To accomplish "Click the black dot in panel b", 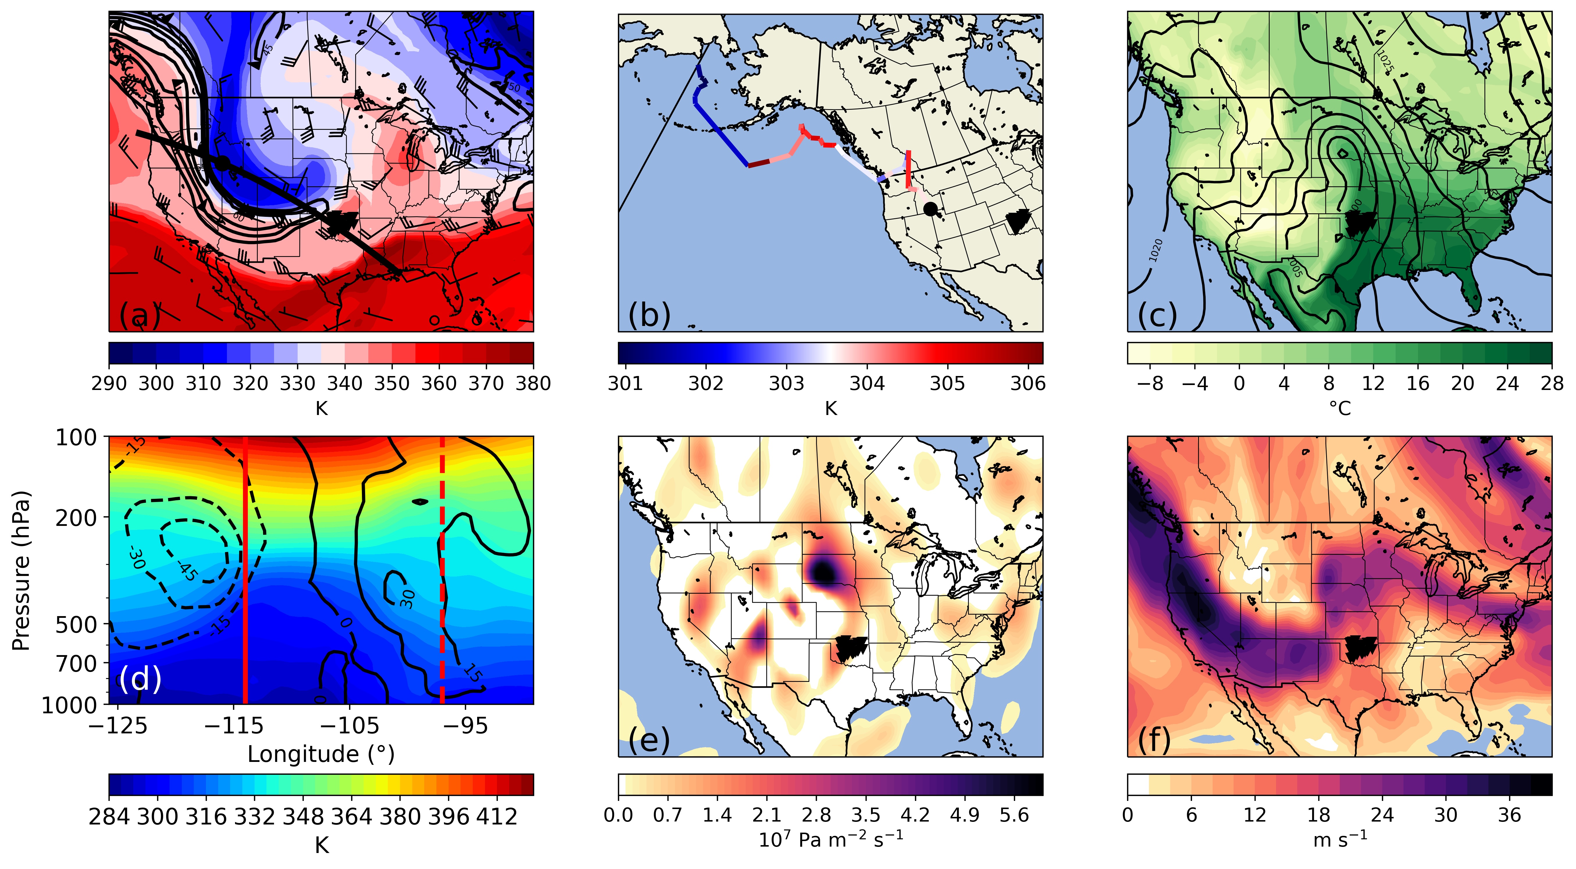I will click(930, 209).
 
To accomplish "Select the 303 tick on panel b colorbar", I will click(786, 384).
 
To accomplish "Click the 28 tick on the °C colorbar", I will click(1552, 384).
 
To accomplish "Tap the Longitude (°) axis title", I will click(321, 754).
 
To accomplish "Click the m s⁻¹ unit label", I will click(1340, 840).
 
